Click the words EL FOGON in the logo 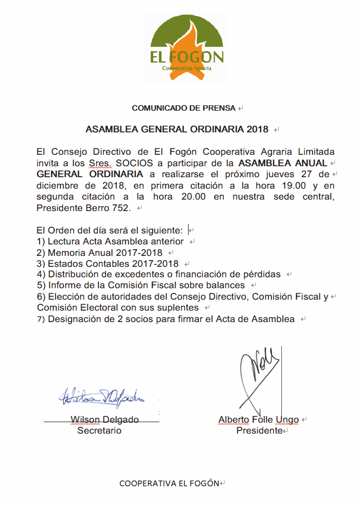[187, 57]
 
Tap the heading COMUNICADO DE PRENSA [184, 108]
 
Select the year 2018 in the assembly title [257, 129]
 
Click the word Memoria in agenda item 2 [66, 252]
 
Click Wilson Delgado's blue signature [102, 398]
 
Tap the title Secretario [100, 430]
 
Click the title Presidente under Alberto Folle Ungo [259, 431]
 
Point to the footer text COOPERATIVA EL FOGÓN [169, 483]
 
